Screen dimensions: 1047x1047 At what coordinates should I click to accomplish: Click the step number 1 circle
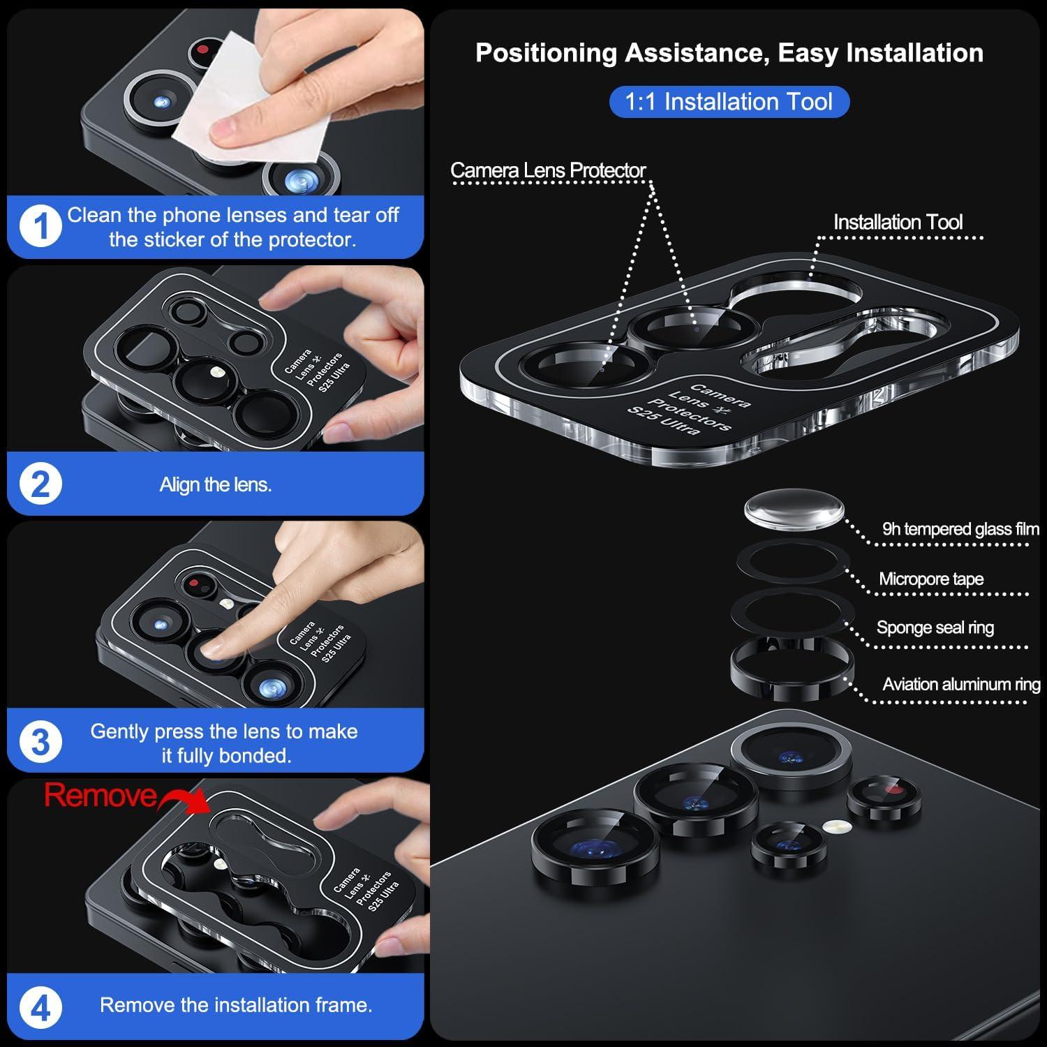pyautogui.click(x=40, y=227)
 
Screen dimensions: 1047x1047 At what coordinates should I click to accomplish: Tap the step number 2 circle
pyautogui.click(x=40, y=484)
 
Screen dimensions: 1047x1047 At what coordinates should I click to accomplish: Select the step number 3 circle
pyautogui.click(x=40, y=741)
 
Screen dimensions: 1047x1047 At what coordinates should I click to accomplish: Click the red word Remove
pyautogui.click(x=101, y=796)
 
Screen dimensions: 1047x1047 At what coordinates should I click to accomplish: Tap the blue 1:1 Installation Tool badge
pyautogui.click(x=729, y=102)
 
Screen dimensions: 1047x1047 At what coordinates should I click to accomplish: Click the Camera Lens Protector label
pyautogui.click(x=548, y=170)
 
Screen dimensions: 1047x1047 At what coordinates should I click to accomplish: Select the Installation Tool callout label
pyautogui.click(x=898, y=222)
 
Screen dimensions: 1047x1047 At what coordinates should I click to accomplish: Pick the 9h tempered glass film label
pyautogui.click(x=960, y=529)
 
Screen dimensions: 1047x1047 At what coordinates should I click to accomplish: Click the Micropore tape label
pyautogui.click(x=931, y=579)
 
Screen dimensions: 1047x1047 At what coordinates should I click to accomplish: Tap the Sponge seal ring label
pyautogui.click(x=935, y=628)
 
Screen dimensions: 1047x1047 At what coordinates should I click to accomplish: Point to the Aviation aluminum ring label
pyautogui.click(x=961, y=684)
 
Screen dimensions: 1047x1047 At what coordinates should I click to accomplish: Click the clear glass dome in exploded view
pyautogui.click(x=794, y=509)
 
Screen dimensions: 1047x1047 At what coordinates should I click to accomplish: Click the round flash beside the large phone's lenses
pyautogui.click(x=831, y=827)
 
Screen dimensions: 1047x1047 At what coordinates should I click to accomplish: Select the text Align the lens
pyautogui.click(x=215, y=484)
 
